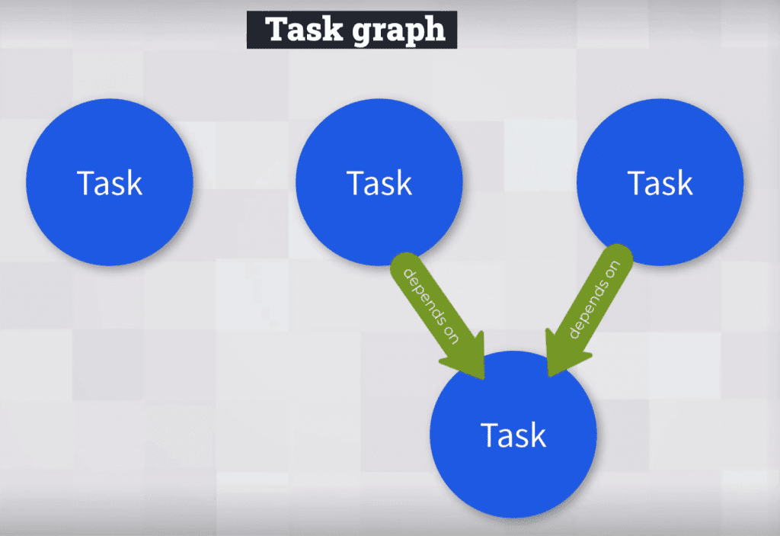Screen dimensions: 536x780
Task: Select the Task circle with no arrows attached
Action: [110, 182]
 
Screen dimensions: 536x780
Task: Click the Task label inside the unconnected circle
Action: [110, 184]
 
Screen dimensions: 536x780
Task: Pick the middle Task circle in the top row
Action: [379, 182]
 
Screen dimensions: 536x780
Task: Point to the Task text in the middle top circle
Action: [379, 184]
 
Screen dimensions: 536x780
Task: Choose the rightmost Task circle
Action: [660, 182]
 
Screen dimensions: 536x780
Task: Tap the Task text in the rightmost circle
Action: [660, 184]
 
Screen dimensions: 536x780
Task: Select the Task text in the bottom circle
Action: [513, 435]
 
